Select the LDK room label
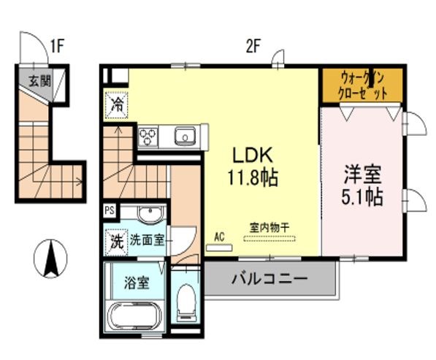(253, 155)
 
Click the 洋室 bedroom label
(364, 175)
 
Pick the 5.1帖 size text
(364, 197)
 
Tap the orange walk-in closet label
(362, 86)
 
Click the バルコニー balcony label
(270, 278)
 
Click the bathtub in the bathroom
(137, 318)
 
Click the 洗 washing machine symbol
(116, 242)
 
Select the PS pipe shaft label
(110, 210)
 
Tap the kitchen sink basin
(184, 136)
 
